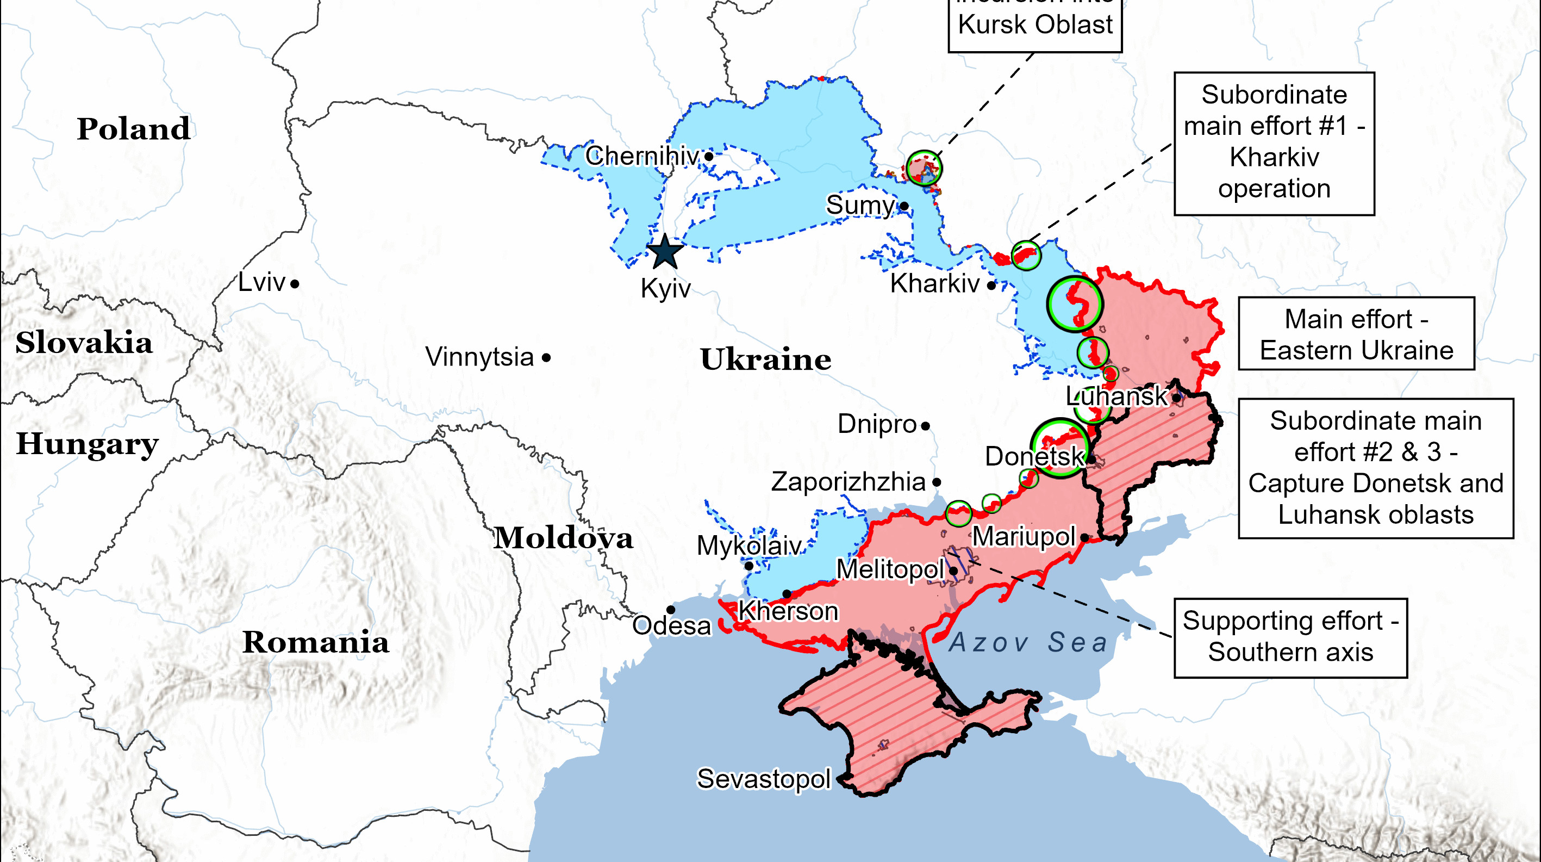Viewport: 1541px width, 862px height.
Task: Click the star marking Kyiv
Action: pyautogui.click(x=665, y=252)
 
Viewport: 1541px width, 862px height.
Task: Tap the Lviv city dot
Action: pyautogui.click(x=295, y=284)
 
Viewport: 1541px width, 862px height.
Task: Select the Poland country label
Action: pyautogui.click(x=133, y=129)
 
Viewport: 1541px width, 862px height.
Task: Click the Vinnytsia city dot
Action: pyautogui.click(x=546, y=358)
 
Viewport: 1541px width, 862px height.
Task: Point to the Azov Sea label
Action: pyautogui.click(x=1028, y=642)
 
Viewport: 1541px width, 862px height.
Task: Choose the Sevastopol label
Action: pyautogui.click(x=764, y=779)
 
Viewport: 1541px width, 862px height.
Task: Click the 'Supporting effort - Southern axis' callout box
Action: pyautogui.click(x=1290, y=637)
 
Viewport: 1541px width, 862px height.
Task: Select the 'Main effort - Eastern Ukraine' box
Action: pyautogui.click(x=1356, y=334)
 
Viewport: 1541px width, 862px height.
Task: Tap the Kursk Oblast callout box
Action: pyautogui.click(x=1035, y=24)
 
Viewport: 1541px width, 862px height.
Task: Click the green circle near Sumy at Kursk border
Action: pyautogui.click(x=924, y=168)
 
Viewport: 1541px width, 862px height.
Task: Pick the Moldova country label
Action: pyautogui.click(x=563, y=537)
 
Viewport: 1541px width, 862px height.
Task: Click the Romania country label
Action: pyautogui.click(x=315, y=642)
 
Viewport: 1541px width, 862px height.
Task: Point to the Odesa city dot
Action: pyautogui.click(x=671, y=610)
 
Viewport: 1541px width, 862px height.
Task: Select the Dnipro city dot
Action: pyautogui.click(x=926, y=426)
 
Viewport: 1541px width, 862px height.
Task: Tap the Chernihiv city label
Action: pyautogui.click(x=642, y=156)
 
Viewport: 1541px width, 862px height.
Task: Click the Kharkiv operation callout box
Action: pyautogui.click(x=1274, y=144)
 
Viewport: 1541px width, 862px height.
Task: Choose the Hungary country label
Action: pyautogui.click(x=88, y=444)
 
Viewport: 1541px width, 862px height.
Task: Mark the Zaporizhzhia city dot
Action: pyautogui.click(x=937, y=482)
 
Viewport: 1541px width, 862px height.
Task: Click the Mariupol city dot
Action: pyautogui.click(x=1084, y=537)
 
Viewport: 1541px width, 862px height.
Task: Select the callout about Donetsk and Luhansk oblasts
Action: pyautogui.click(x=1375, y=468)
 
